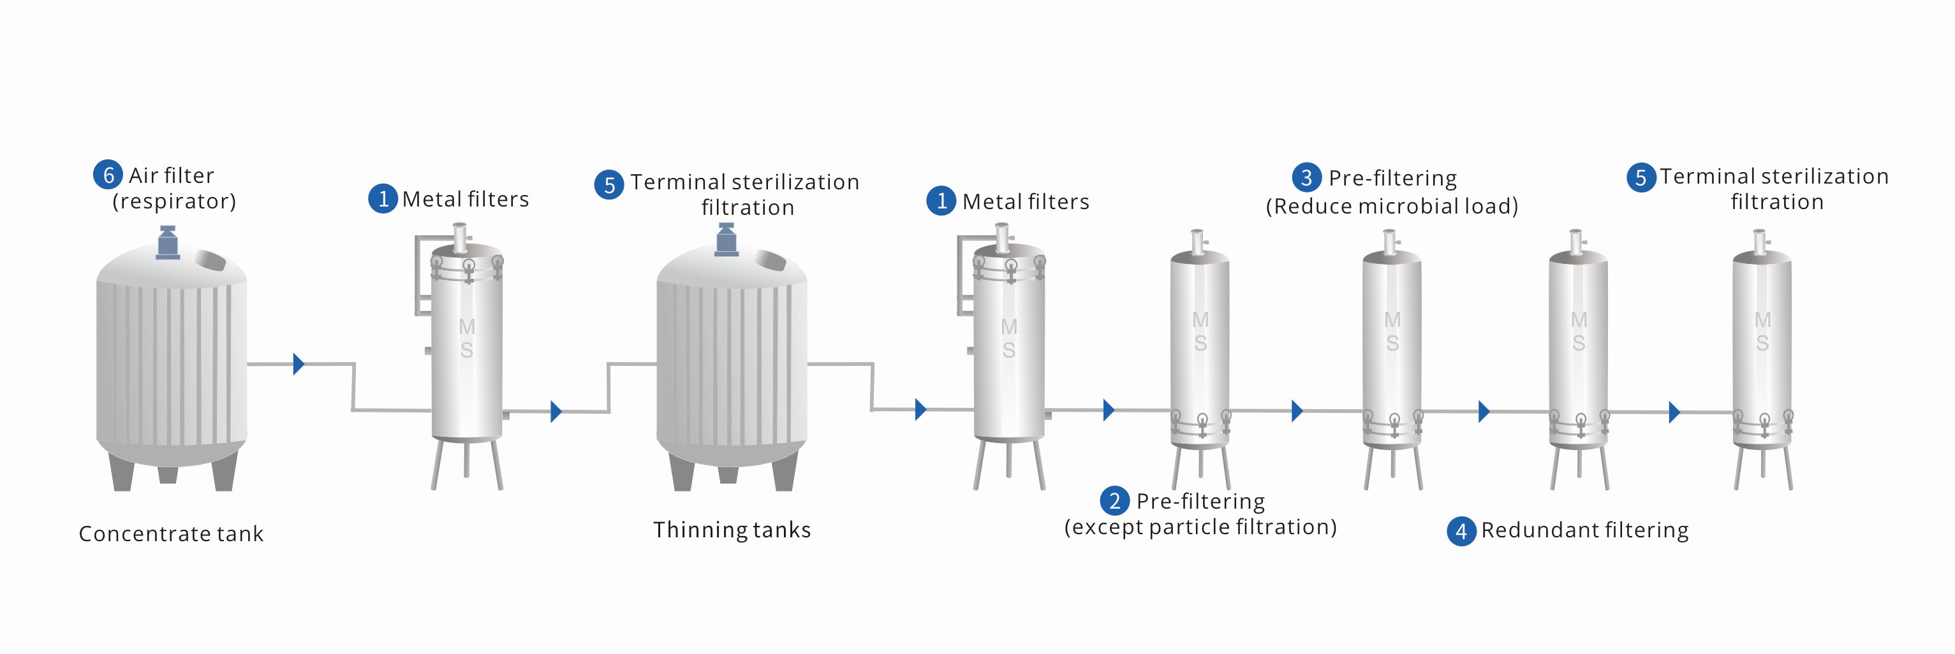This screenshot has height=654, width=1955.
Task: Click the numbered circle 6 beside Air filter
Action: click(x=108, y=175)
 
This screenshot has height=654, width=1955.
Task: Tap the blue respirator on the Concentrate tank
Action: click(x=168, y=242)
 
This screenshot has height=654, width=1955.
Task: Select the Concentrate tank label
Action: click(x=172, y=534)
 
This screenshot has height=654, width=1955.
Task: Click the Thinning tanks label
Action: click(x=732, y=530)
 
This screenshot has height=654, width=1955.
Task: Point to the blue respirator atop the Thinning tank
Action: click(x=727, y=240)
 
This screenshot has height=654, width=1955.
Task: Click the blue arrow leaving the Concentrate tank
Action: click(x=299, y=364)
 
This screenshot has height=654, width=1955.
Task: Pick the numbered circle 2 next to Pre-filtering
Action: click(x=1114, y=501)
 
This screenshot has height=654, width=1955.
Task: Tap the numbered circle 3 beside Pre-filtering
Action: click(x=1306, y=178)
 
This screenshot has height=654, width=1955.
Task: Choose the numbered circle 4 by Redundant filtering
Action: click(x=1461, y=531)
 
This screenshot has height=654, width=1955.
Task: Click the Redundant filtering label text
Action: click(x=1584, y=530)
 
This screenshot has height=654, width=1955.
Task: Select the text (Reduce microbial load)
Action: click(x=1392, y=207)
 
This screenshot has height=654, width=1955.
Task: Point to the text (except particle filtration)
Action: click(x=1200, y=527)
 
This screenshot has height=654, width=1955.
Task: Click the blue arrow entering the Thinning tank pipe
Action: click(x=556, y=411)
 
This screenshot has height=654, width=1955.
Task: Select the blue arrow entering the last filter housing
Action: click(x=1674, y=412)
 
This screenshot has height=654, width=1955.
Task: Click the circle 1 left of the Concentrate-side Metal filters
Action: click(x=383, y=200)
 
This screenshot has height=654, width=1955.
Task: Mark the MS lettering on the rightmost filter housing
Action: click(x=1762, y=331)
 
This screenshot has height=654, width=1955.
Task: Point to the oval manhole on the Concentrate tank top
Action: click(x=210, y=259)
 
